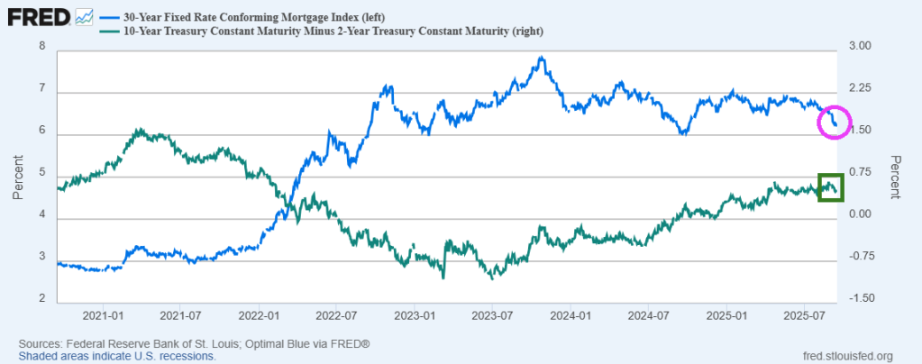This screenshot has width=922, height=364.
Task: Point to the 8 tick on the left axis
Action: [x=41, y=46]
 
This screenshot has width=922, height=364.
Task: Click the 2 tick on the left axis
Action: [x=41, y=298]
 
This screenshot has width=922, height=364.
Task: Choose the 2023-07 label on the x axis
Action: [x=494, y=316]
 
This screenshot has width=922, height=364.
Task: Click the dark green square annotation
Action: [x=830, y=187]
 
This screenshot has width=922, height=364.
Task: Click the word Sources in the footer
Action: [x=40, y=344]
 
